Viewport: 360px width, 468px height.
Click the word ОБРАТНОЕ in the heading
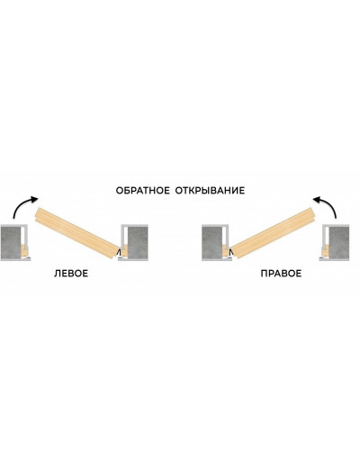(x=142, y=191)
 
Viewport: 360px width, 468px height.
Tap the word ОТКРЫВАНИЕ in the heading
(x=210, y=191)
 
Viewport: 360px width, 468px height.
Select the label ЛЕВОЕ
(x=71, y=274)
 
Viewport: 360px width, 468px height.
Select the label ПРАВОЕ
(x=281, y=274)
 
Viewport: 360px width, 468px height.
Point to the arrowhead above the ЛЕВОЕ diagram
(x=34, y=200)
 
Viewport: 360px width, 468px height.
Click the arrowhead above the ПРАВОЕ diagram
(x=317, y=200)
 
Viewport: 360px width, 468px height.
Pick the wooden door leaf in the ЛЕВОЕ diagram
(x=76, y=233)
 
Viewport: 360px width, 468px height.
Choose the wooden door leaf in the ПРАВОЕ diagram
(x=274, y=232)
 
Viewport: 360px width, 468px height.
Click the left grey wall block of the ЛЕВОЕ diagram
(x=11, y=242)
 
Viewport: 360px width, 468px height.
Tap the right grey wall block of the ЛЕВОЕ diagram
(x=138, y=242)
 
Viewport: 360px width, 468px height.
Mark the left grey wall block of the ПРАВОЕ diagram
(x=212, y=242)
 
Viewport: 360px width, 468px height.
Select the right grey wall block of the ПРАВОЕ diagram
(x=339, y=242)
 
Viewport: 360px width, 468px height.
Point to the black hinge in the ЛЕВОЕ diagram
(x=120, y=252)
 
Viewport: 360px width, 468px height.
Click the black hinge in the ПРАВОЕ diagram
(x=231, y=252)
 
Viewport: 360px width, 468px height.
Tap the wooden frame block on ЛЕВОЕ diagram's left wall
(x=24, y=251)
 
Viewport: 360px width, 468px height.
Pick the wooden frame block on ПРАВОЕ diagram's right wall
(x=326, y=251)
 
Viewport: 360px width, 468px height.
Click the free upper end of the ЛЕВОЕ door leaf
(x=37, y=214)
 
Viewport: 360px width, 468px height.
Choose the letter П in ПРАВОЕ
(x=264, y=274)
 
